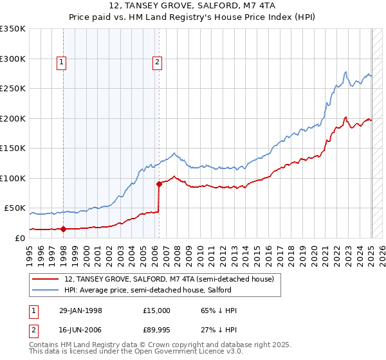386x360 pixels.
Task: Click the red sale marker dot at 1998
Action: pos(64,228)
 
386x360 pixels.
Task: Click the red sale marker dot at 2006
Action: pos(159,184)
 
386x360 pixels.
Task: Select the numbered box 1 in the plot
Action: pos(61,62)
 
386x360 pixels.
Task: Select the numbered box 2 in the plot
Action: pos(156,62)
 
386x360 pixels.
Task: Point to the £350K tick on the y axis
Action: pos(12,29)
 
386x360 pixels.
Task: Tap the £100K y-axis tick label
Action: pos(12,178)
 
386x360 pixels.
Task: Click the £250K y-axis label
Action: pos(12,89)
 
